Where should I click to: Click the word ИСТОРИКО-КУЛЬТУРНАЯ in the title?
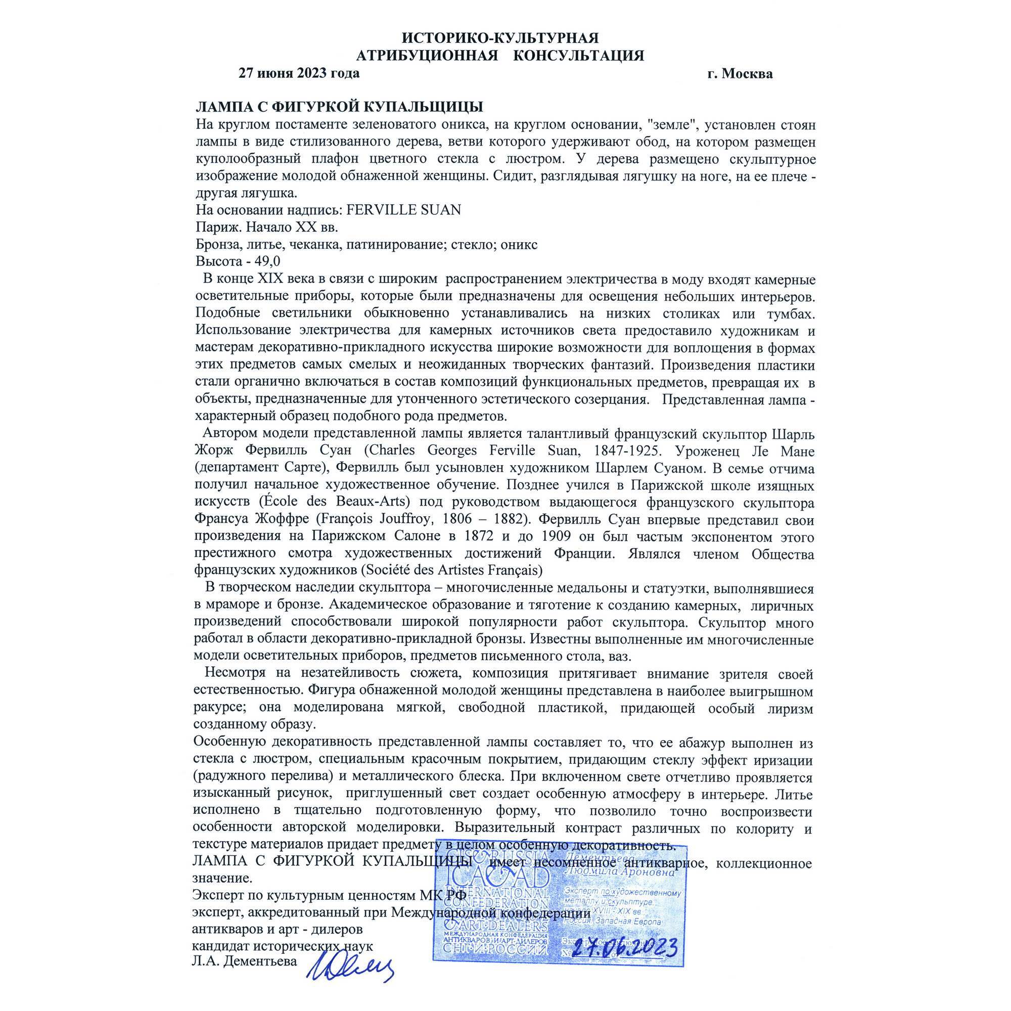[500, 38]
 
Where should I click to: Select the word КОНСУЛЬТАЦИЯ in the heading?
[578, 56]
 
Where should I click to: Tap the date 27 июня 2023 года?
[299, 73]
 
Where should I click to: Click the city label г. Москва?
[740, 74]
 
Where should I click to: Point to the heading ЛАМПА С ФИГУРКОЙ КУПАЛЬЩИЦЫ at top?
[339, 107]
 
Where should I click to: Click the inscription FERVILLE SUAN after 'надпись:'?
[403, 210]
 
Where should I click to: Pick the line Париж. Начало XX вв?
[266, 227]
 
